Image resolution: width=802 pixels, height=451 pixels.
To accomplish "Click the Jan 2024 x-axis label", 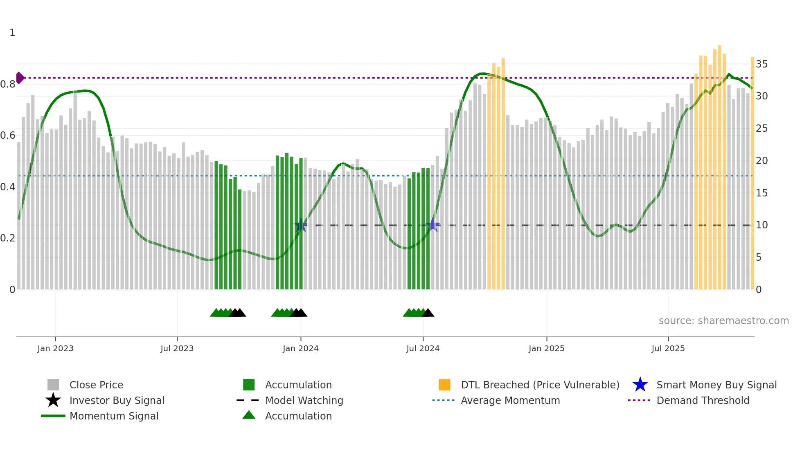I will (300, 348).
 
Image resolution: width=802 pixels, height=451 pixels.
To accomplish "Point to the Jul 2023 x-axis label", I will (177, 348).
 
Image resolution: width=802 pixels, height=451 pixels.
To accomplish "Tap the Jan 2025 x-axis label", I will (546, 348).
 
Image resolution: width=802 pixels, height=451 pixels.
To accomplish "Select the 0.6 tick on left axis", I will (8, 135).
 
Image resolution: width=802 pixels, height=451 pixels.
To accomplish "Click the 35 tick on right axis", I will (761, 64).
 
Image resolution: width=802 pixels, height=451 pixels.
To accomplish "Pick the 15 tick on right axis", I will (761, 193).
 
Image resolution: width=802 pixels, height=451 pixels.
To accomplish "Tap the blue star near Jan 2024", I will (301, 225).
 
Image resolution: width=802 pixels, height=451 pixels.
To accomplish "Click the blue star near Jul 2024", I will (433, 225).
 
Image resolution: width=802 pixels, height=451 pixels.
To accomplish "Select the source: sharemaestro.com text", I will (723, 321).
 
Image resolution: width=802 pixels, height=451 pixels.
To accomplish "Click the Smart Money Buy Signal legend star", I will (640, 385).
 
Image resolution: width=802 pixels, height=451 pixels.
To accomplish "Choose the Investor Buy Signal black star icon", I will (53, 400).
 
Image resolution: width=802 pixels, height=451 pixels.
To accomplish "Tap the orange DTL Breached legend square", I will (444, 385).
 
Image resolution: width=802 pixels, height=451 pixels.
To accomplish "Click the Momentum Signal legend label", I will (114, 416).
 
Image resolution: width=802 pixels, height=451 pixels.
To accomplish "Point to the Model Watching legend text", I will (304, 400).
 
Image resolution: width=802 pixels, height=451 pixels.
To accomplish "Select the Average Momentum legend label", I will (510, 400).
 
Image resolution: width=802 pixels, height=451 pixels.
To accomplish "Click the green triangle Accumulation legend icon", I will (249, 415).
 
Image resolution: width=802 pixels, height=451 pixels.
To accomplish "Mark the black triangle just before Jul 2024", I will (428, 313).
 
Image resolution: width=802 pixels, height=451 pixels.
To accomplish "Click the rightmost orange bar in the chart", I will (752, 172).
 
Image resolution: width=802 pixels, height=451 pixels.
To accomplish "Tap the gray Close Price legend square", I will (53, 385).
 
